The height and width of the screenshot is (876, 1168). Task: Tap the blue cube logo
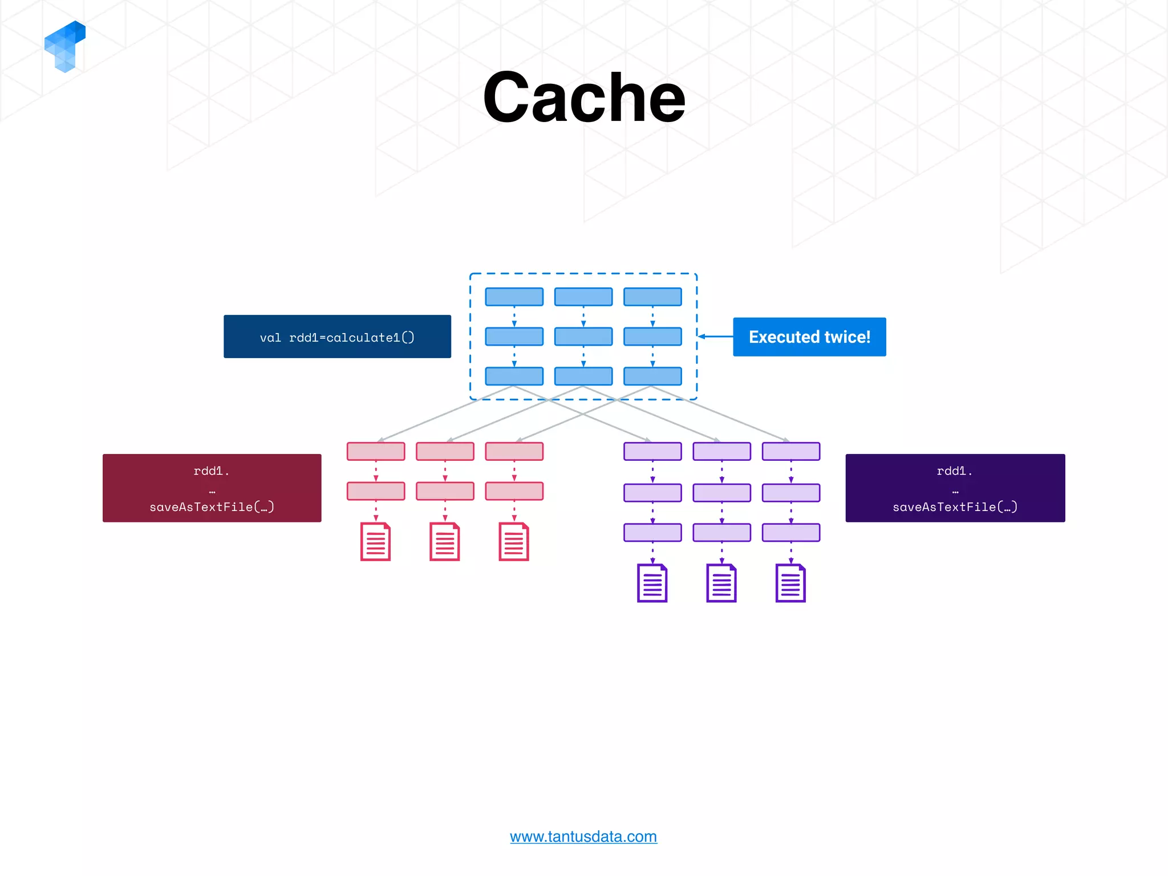pyautogui.click(x=65, y=46)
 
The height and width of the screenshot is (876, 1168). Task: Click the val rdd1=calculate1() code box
pyautogui.click(x=337, y=336)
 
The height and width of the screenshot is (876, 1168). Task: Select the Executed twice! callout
pyautogui.click(x=809, y=337)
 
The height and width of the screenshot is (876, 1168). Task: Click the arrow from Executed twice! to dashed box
pyautogui.click(x=716, y=336)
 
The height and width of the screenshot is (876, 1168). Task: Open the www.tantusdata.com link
pyautogui.click(x=583, y=836)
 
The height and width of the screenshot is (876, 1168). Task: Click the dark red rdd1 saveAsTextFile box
pyautogui.click(x=212, y=488)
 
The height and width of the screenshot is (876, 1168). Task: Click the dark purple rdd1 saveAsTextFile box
pyautogui.click(x=955, y=488)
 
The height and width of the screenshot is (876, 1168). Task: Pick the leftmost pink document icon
pyautogui.click(x=375, y=542)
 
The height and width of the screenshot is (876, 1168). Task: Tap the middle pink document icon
pyautogui.click(x=444, y=542)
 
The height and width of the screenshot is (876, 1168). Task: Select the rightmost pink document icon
pyautogui.click(x=513, y=542)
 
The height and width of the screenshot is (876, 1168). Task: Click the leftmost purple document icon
pyautogui.click(x=652, y=583)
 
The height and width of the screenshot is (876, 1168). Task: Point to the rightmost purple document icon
pyautogui.click(x=790, y=583)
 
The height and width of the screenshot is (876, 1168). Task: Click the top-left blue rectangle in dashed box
pyautogui.click(x=514, y=297)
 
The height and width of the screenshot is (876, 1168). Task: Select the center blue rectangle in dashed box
pyautogui.click(x=583, y=336)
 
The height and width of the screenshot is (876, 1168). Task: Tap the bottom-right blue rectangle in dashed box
pyautogui.click(x=652, y=376)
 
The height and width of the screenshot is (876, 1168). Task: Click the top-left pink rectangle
pyautogui.click(x=376, y=451)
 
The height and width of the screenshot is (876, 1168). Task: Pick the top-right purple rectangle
pyautogui.click(x=790, y=451)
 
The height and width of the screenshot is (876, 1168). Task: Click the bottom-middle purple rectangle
pyautogui.click(x=721, y=533)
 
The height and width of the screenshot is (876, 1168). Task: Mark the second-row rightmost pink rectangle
pyautogui.click(x=514, y=491)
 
